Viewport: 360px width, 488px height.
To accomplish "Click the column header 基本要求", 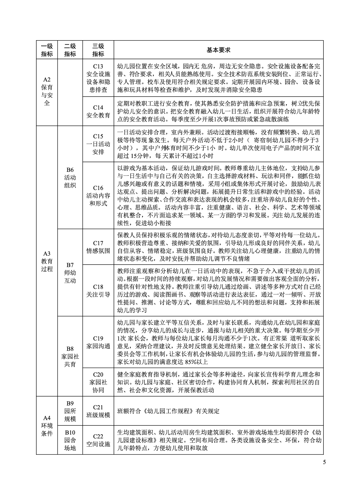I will coord(218,50).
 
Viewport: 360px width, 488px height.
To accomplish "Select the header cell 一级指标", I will coord(47,50).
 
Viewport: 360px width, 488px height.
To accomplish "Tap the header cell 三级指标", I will coord(98,50).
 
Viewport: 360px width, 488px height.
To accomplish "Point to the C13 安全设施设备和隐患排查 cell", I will coord(98,78).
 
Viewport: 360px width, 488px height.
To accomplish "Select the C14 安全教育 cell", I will coord(98,111).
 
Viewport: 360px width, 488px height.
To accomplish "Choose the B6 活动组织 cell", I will coord(70,177).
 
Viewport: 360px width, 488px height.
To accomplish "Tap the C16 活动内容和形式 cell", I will coord(98,195).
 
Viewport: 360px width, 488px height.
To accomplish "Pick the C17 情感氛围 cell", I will coord(98,247).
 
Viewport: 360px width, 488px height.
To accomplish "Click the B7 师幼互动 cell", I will coord(70,273).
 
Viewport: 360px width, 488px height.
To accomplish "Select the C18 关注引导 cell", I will coord(98,291).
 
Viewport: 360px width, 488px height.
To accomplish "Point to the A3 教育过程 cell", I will coord(47,261).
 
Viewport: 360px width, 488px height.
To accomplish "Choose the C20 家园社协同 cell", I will coord(98,382).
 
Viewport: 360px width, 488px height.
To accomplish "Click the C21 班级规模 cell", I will coord(98,411).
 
